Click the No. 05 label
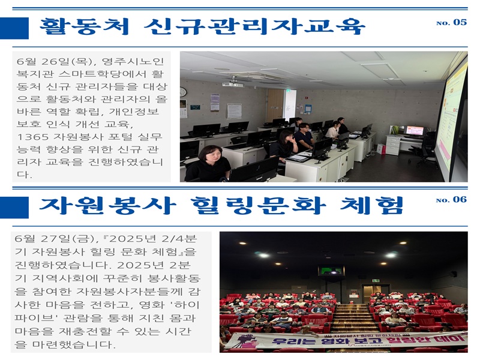pyautogui.click(x=451, y=22)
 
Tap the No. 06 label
pyautogui.click(x=451, y=200)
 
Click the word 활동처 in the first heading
pyautogui.click(x=85, y=26)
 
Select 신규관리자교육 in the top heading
pyautogui.click(x=254, y=26)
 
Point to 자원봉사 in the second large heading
pyautogui.click(x=108, y=205)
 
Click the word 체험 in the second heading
pyautogui.click(x=371, y=205)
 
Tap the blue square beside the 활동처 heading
pyautogui.click(x=14, y=28)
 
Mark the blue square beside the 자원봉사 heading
pyautogui.click(x=14, y=208)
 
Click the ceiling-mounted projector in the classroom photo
pyautogui.click(x=233, y=83)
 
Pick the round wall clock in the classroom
pyautogui.click(x=183, y=92)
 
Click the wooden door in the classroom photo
pyautogui.click(x=275, y=105)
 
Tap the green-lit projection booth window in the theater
pyautogui.click(x=332, y=271)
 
